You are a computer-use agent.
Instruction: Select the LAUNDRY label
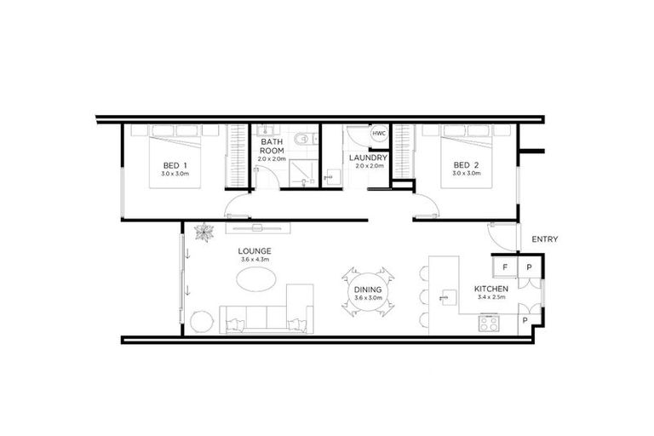(x=369, y=158)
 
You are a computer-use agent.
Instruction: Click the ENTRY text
(x=545, y=239)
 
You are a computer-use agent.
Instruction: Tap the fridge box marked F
(x=505, y=267)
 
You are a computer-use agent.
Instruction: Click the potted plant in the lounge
(x=204, y=230)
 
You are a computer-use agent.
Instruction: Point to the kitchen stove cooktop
(x=490, y=322)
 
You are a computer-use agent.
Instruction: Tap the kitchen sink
(x=445, y=297)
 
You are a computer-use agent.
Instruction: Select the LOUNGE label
(x=255, y=250)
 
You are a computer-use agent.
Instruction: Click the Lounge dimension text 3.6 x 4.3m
(x=255, y=259)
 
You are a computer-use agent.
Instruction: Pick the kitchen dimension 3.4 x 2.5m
(x=491, y=299)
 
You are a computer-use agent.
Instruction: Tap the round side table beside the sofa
(x=200, y=322)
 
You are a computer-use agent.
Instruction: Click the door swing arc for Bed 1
(x=236, y=207)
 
